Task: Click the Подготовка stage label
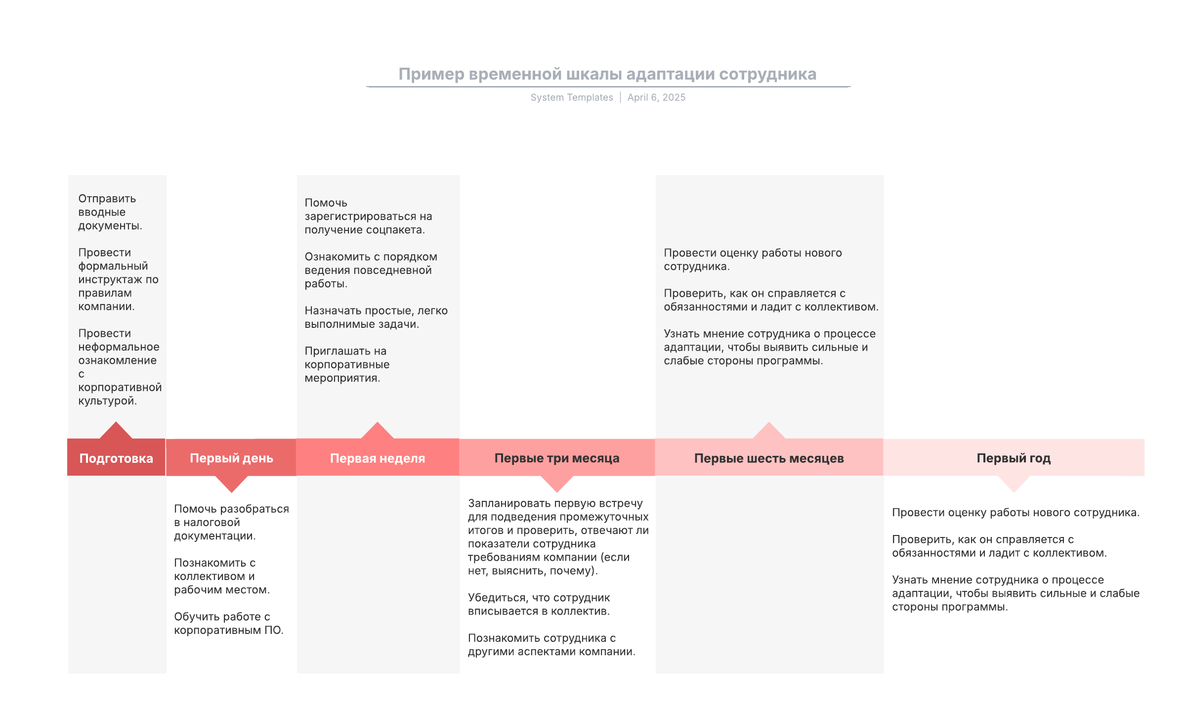coord(116,458)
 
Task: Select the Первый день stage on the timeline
coord(231,458)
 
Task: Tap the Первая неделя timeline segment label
coord(378,458)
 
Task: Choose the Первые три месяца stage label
coord(557,458)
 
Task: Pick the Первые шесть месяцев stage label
coord(769,458)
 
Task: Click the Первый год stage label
coord(1014,458)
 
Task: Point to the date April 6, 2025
coord(656,97)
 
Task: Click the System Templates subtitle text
coord(572,97)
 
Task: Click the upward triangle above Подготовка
coord(116,431)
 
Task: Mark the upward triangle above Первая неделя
coord(378,431)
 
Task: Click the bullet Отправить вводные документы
coord(110,212)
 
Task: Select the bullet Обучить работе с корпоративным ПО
coord(228,624)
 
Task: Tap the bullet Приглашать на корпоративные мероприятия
coord(347,364)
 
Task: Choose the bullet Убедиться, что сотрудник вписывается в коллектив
coord(539,604)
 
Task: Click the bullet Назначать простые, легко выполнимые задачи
coord(376,317)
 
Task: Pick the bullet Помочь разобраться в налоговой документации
coord(231,522)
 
